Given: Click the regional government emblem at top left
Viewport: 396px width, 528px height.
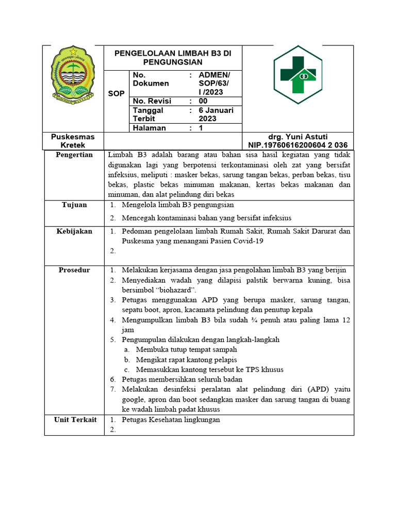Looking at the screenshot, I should pos(73,73).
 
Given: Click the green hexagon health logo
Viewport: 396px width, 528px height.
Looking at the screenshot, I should pos(298,75).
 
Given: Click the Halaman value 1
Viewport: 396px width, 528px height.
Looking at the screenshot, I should pos(201,128).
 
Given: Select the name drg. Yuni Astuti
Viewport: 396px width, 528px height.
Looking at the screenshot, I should pos(298,137).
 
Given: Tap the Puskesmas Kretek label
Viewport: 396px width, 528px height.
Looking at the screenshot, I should pos(73,141).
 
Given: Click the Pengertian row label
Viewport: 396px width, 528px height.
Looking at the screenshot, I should pos(75,155).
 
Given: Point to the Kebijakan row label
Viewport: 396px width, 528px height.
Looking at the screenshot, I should pos(75,231).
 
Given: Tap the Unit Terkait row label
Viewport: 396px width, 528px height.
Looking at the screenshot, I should pos(75,420).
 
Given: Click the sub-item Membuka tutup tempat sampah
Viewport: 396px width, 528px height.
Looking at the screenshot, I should pos(186,350).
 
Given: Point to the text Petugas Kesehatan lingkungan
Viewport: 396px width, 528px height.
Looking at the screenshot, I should pos(171,420).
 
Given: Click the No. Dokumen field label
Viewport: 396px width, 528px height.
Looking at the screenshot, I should pos(151,79).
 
